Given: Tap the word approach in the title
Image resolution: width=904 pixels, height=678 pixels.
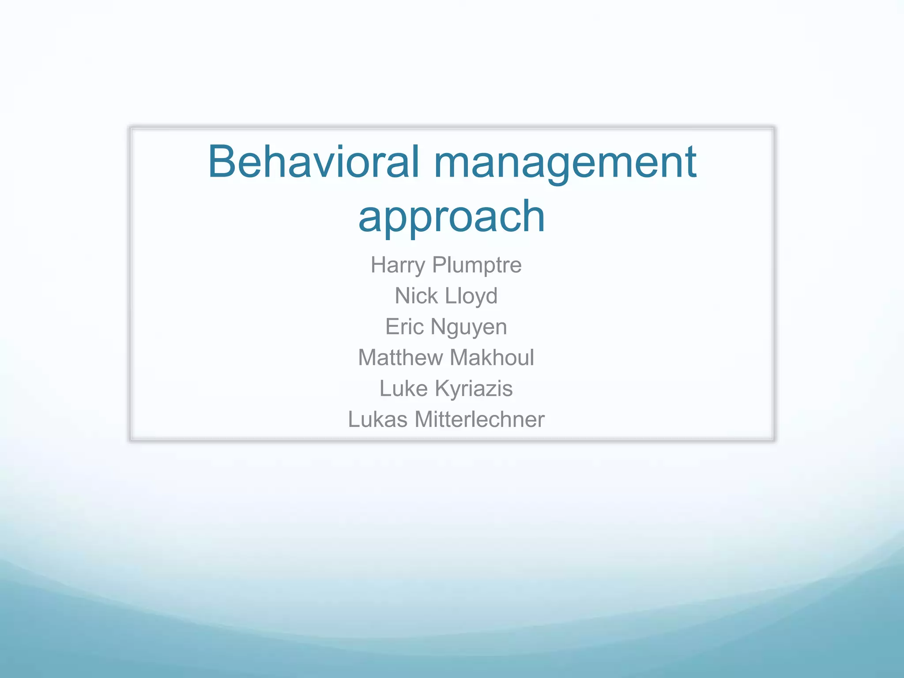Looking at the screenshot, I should click(452, 216).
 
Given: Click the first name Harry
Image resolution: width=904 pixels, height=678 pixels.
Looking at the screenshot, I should click(398, 265).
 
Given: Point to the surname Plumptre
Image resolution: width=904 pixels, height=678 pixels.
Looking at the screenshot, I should click(477, 265).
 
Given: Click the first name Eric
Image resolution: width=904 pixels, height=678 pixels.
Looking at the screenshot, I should click(404, 327).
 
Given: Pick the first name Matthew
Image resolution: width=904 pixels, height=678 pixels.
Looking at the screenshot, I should click(400, 358).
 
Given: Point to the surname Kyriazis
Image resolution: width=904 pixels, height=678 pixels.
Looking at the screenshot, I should click(474, 389).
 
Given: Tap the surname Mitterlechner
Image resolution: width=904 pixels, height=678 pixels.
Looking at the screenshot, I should click(479, 419).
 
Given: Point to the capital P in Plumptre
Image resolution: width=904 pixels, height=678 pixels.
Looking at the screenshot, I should click(439, 265).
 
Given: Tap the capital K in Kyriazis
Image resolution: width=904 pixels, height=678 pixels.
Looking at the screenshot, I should click(442, 388).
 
